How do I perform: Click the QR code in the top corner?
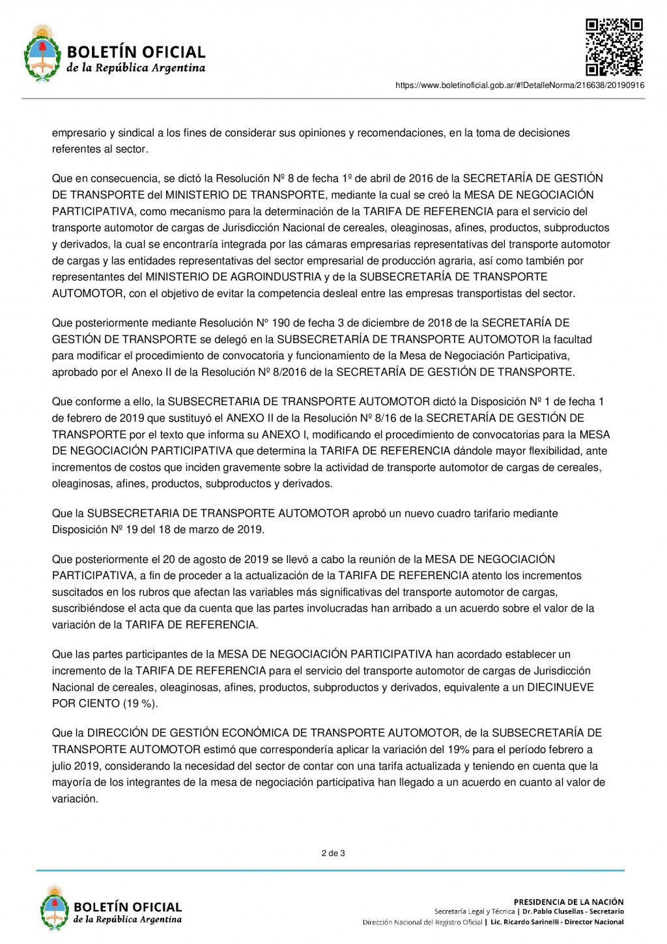tap(614, 48)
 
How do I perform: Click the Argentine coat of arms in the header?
tap(42, 53)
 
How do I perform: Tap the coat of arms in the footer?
tap(55, 908)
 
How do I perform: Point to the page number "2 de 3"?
tap(333, 853)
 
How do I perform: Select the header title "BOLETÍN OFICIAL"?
tap(136, 52)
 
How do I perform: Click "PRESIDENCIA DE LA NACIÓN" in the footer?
tap(569, 902)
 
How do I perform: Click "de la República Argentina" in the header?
tap(136, 68)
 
